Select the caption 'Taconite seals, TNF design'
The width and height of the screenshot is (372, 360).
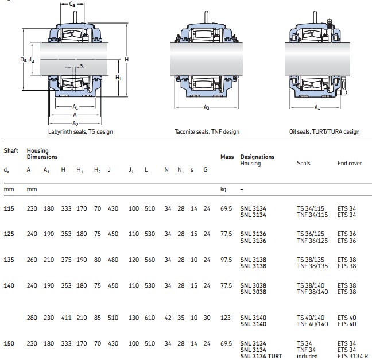click(207, 131)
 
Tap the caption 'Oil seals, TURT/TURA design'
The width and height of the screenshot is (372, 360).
click(324, 131)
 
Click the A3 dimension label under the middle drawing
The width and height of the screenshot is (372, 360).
click(206, 107)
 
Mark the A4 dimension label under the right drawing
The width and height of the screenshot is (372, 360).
click(317, 107)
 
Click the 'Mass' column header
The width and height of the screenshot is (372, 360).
click(227, 157)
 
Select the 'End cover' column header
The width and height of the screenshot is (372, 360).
click(349, 164)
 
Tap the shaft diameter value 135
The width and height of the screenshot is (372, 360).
click(10, 260)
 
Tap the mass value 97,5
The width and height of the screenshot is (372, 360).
click(226, 260)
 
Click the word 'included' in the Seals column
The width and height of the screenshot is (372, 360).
click(307, 356)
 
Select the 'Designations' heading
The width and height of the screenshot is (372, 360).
click(257, 157)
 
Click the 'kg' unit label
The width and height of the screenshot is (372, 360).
click(224, 188)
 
